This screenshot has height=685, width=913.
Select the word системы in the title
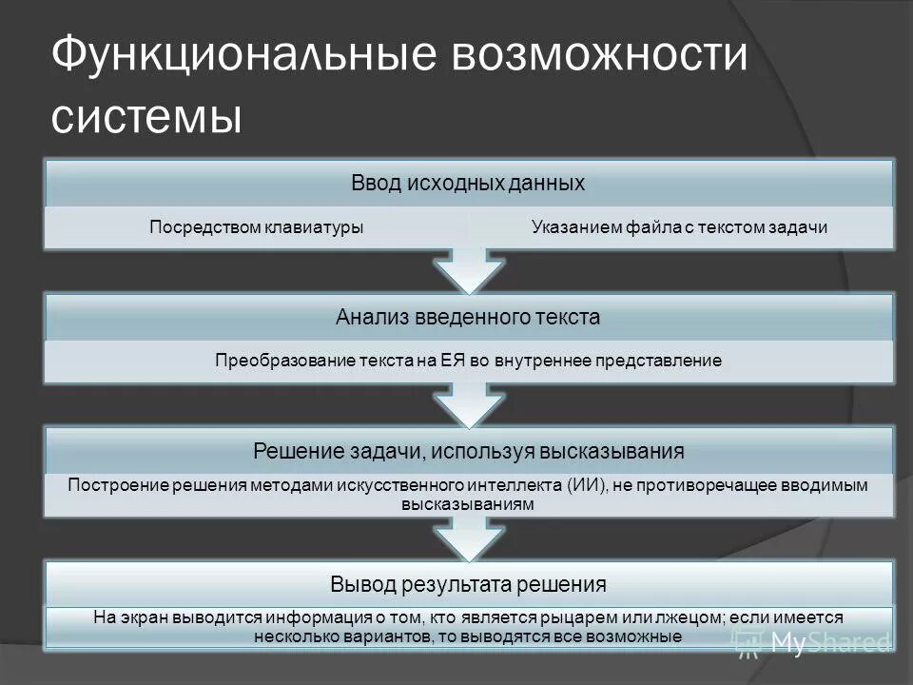click(x=146, y=118)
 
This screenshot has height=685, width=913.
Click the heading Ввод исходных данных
click(x=467, y=182)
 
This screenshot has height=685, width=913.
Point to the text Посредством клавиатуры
click(x=258, y=227)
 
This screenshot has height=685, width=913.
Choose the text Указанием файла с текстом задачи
click(x=680, y=227)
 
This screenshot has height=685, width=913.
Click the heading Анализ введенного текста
click(x=468, y=317)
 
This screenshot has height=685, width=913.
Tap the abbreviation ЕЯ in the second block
click(x=451, y=362)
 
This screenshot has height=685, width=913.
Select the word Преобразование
click(x=277, y=362)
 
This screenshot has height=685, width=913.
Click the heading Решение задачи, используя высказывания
click(x=468, y=448)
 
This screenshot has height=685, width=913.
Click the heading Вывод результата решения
click(x=468, y=582)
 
